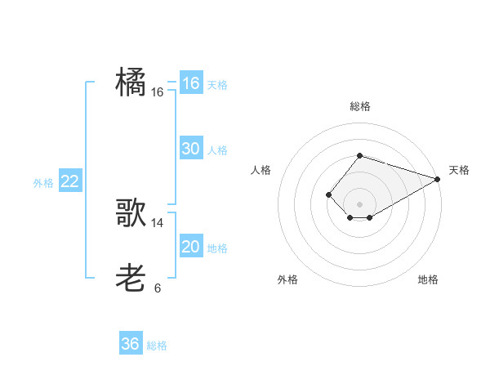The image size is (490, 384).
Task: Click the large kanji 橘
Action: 131,83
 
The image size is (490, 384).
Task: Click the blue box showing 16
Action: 190,83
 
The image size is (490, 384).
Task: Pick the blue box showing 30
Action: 190,149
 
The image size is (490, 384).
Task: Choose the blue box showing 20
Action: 190,247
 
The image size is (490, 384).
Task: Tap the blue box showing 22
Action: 69,181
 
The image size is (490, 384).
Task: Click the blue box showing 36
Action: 130,344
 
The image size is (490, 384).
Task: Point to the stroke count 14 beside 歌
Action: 158,222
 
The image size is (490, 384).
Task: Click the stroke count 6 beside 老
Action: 158,288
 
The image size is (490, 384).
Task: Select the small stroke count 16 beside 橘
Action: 158,92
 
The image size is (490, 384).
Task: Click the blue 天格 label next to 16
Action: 217,85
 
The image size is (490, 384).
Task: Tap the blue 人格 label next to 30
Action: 217,150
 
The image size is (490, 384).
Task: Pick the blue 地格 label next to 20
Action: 217,248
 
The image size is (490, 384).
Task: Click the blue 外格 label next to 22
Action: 43,183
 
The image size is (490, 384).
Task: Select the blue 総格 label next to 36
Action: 157,346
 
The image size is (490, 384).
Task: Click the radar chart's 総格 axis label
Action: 359,106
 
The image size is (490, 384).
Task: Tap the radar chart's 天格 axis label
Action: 459,170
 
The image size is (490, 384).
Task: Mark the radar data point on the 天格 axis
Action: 438,179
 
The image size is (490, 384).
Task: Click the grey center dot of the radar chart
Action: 359,203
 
